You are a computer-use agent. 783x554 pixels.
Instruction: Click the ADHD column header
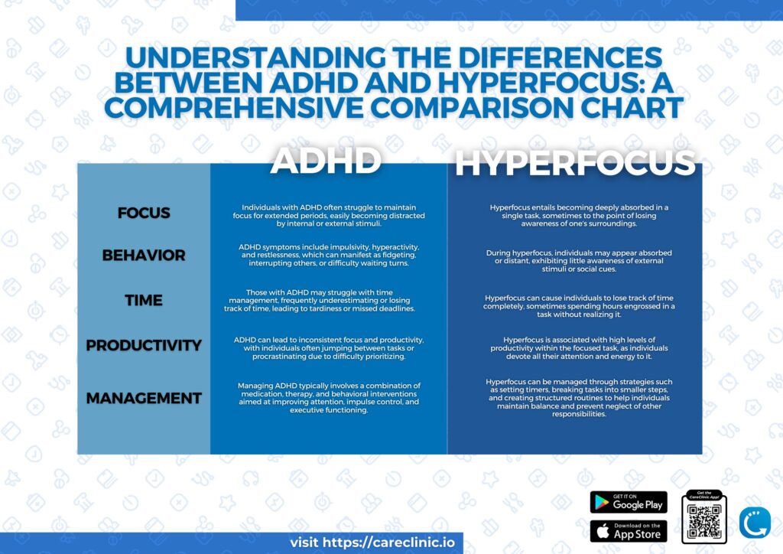pyautogui.click(x=327, y=161)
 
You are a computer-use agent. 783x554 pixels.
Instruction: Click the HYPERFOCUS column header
pyautogui.click(x=575, y=164)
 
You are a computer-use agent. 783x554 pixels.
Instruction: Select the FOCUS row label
pyautogui.click(x=144, y=213)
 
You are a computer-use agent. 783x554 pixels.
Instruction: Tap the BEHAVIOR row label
pyautogui.click(x=144, y=255)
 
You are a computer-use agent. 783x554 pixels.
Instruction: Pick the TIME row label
pyautogui.click(x=144, y=300)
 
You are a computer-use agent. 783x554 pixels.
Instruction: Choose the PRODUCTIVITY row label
pyautogui.click(x=144, y=345)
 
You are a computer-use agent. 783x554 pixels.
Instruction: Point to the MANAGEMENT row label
pyautogui.click(x=144, y=398)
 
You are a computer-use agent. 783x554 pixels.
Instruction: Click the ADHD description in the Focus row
pyautogui.click(x=329, y=216)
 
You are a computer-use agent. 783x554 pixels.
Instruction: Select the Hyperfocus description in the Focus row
pyautogui.click(x=579, y=216)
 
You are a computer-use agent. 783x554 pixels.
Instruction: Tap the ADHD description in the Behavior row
pyautogui.click(x=329, y=256)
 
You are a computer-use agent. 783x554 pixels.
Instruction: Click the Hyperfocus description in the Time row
pyautogui.click(x=579, y=305)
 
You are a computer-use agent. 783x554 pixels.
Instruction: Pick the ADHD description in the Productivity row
pyautogui.click(x=329, y=347)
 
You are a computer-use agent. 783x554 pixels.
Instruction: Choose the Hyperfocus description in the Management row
pyautogui.click(x=579, y=397)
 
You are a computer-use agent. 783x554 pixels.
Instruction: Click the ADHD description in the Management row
pyautogui.click(x=329, y=397)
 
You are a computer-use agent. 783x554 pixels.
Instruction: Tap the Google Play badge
pyautogui.click(x=629, y=502)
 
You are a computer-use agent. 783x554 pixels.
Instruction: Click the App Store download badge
pyautogui.click(x=629, y=531)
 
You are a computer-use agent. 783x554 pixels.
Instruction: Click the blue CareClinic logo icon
pyautogui.click(x=755, y=522)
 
